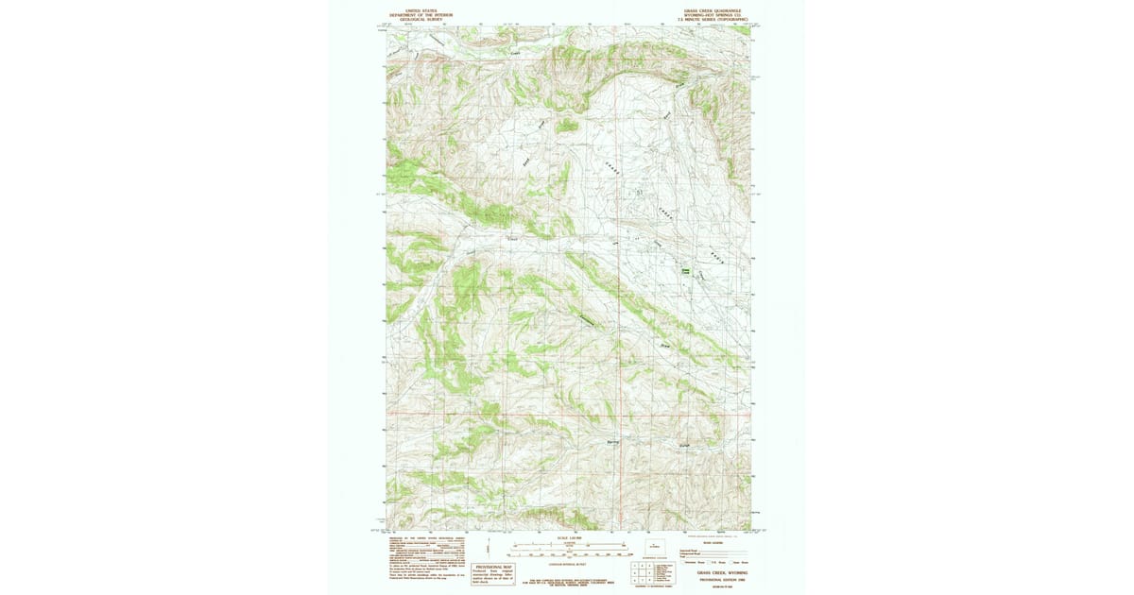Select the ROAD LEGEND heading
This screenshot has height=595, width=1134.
point(713,542)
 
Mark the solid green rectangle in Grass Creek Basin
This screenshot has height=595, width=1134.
point(685,271)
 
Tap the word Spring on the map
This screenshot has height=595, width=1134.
point(612,439)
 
